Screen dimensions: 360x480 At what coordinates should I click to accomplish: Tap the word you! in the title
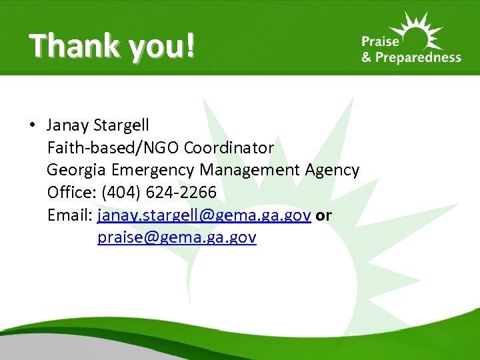[x=159, y=47]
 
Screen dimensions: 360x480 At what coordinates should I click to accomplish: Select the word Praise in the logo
[x=379, y=41]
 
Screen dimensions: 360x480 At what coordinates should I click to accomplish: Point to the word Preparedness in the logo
[x=419, y=58]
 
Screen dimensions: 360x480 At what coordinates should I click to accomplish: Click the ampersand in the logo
[x=367, y=57]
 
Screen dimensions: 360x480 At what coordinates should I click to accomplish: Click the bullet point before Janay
[x=32, y=125]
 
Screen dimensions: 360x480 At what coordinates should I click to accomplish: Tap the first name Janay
[x=68, y=125]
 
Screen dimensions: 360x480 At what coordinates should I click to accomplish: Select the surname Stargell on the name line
[x=121, y=125]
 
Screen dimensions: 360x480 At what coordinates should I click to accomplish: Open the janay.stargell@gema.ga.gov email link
[x=204, y=215]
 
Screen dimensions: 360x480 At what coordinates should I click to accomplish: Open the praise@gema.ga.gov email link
[x=177, y=238]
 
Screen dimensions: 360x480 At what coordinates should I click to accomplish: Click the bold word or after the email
[x=324, y=215]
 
